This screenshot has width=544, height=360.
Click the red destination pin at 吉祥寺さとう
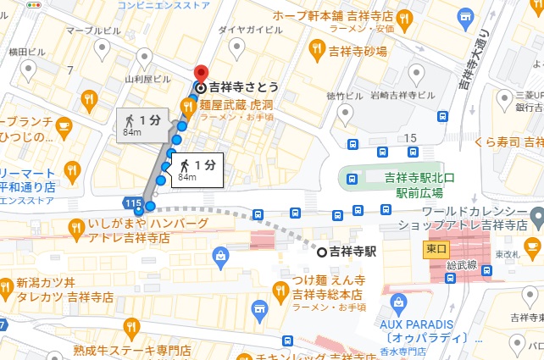(201, 75)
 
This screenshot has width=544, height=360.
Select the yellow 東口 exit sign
(436, 249)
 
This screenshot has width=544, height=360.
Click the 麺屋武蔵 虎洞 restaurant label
(236, 105)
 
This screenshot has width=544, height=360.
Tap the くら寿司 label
(509, 141)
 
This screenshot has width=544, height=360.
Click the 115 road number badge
(131, 204)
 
